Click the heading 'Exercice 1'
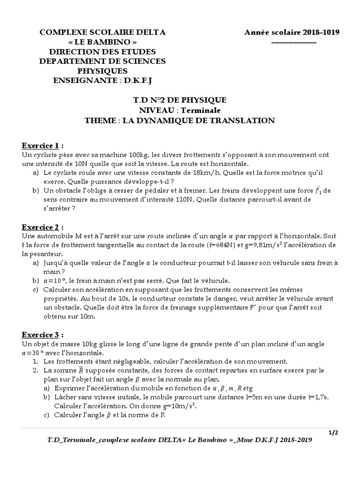click(42, 145)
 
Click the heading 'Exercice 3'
click(42, 335)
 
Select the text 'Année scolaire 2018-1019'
click(292, 32)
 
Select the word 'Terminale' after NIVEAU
click(202, 110)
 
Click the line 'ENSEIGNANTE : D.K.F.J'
click(103, 81)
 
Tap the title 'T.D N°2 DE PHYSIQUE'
click(180, 100)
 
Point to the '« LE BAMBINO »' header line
click(103, 42)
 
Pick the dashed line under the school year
click(294, 42)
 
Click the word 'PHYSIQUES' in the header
click(103, 71)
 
